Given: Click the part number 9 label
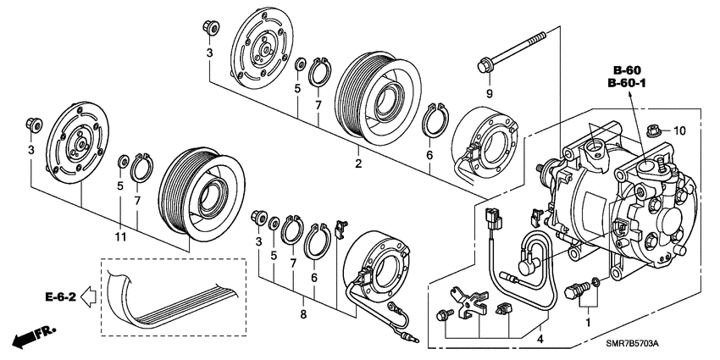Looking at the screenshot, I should click(489, 91).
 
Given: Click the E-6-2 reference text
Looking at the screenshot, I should click(61, 297).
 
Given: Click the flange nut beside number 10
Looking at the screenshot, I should click(653, 130).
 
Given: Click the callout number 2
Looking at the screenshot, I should click(358, 163).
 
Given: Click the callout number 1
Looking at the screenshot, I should click(584, 321).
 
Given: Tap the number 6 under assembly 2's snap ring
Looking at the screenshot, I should click(429, 155).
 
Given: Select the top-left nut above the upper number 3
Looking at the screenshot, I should click(209, 28).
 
